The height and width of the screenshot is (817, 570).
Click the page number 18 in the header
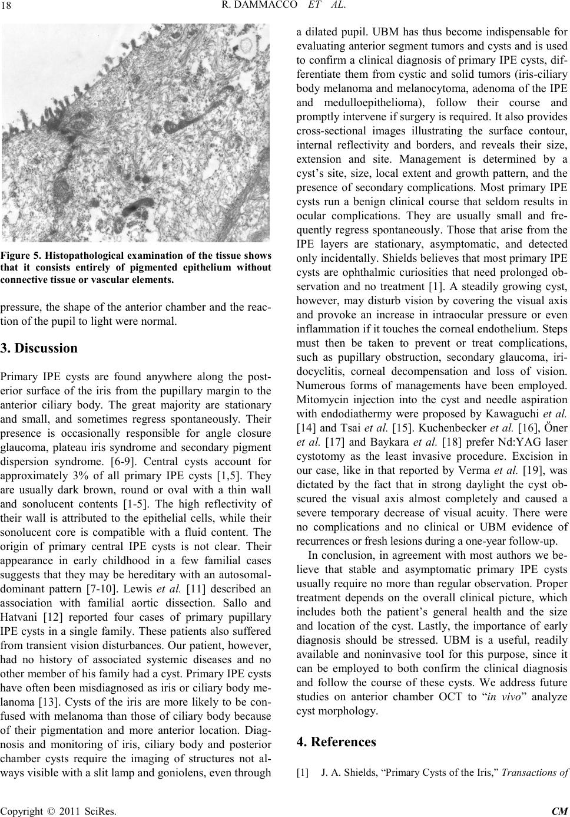coord(12,8)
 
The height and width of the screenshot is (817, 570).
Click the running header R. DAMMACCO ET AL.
coord(284,8)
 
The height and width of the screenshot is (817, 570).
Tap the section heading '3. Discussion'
coord(39,348)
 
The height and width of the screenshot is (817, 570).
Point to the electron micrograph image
coord(136,133)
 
